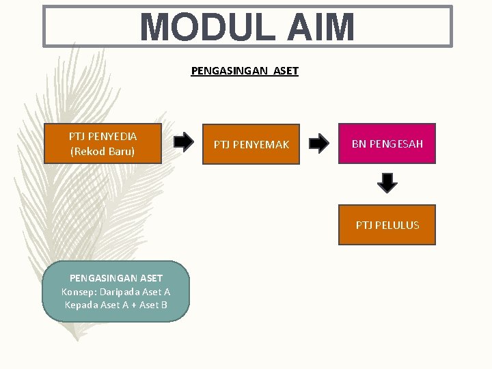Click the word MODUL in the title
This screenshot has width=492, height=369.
point(199,28)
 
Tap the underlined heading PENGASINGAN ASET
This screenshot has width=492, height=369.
point(245,70)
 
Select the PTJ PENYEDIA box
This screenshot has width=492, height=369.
point(103,143)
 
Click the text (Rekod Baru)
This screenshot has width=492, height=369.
point(103,151)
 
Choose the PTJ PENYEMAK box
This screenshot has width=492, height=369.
point(251,144)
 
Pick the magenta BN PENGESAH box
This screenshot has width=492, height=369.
point(387,143)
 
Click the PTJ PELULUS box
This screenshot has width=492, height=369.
point(387,225)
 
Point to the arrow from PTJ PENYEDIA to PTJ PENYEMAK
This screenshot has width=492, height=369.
point(183,142)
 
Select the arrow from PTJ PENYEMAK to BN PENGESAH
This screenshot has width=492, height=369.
point(318,143)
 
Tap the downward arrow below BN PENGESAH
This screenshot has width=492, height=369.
point(387,182)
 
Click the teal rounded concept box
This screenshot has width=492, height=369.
point(115,291)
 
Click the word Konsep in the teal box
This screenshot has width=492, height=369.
point(79,292)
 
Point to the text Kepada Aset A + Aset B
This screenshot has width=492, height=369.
point(116,305)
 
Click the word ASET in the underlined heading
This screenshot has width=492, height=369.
point(285,70)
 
